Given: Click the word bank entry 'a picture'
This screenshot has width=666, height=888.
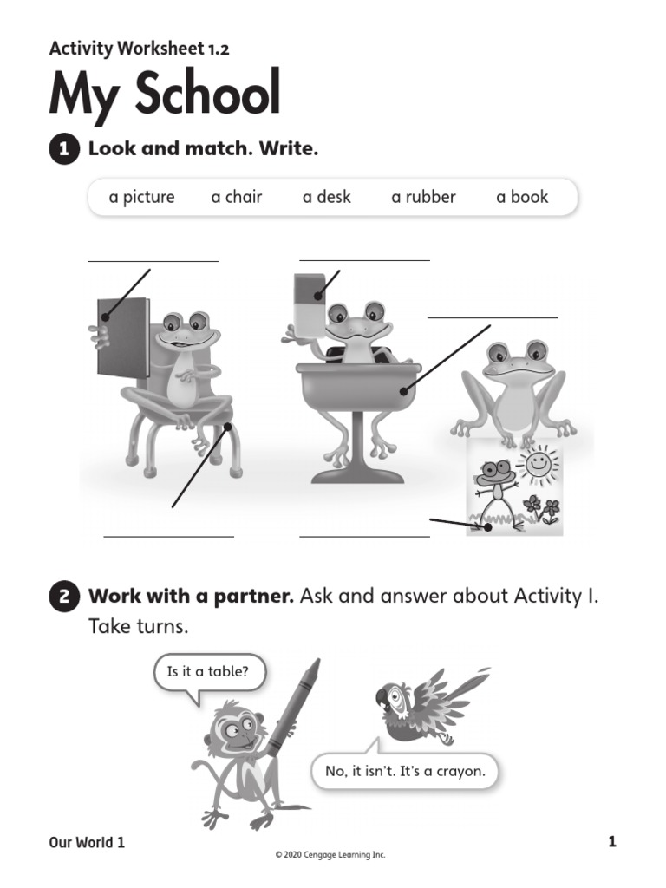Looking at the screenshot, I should pos(141,197).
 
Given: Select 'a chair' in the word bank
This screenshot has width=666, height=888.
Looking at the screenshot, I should pos(236,197).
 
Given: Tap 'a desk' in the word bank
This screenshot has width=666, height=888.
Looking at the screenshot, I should pos(326,197).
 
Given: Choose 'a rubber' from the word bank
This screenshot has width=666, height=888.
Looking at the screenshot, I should pos(423,197).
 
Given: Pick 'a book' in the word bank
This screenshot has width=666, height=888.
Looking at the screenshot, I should pos(522,197).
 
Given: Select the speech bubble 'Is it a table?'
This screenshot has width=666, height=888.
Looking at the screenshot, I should pos(208,671).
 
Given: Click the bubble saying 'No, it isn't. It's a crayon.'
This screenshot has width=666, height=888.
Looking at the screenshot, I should pos(405,770).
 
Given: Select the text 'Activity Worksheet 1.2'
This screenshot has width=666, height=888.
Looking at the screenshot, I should pos(139,49).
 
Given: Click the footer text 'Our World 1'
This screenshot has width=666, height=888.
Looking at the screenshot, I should pos(87,841).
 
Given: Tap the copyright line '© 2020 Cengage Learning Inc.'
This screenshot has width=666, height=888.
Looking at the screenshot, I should pos(330,855).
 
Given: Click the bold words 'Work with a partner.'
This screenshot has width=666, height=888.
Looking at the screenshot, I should pos(192,597).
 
